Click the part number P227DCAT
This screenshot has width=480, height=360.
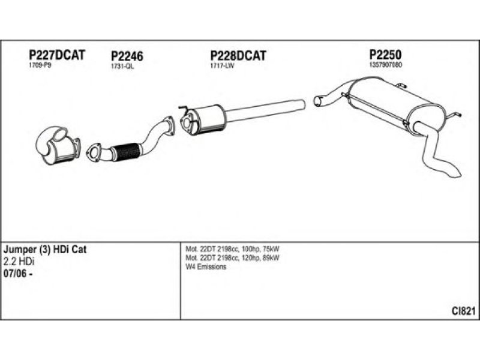(x=58, y=55)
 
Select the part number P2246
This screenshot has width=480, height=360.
(x=127, y=57)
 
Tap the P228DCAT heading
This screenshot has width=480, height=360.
(x=238, y=55)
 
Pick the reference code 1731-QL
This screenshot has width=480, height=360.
(x=122, y=67)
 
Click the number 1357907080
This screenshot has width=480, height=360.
(x=385, y=64)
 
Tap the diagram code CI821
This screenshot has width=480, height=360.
(x=464, y=311)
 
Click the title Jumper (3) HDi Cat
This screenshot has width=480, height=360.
(x=45, y=250)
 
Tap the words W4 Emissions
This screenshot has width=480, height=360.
(x=206, y=267)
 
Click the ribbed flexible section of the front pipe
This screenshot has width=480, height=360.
(x=127, y=149)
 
